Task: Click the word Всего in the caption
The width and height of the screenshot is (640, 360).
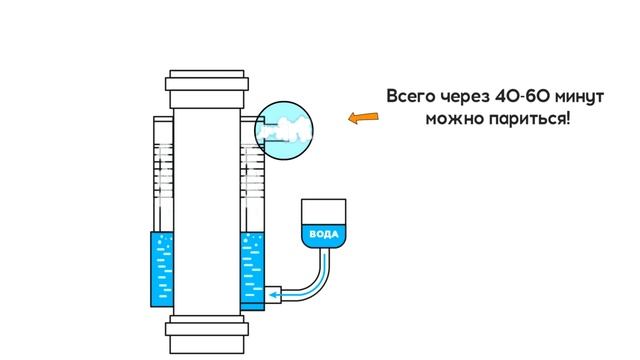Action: [x=413, y=97]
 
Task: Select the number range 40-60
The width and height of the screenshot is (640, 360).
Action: [x=526, y=97]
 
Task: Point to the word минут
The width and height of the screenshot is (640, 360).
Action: [x=587, y=97]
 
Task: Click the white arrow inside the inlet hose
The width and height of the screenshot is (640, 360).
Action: [x=294, y=295]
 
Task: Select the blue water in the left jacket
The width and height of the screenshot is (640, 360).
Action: [x=162, y=270]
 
